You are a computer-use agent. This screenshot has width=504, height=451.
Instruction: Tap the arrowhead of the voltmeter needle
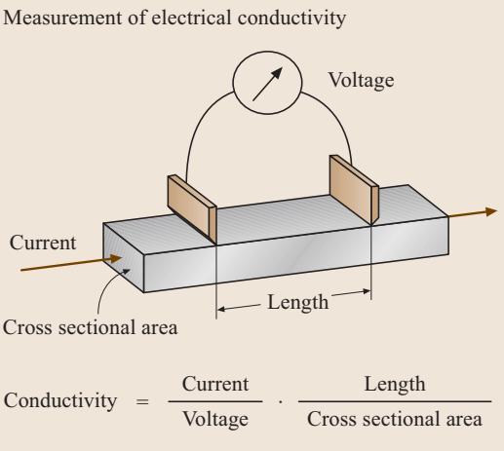pyautogui.click(x=277, y=73)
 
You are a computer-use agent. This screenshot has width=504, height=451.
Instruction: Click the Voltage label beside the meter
pyautogui.click(x=361, y=81)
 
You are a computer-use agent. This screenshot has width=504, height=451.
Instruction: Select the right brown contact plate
pyautogui.click(x=354, y=190)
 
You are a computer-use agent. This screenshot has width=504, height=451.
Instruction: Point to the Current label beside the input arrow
pyautogui.click(x=43, y=243)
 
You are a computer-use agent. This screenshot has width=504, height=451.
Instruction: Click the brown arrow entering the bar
pyautogui.click(x=71, y=263)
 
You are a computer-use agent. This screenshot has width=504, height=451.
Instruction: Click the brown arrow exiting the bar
pyautogui.click(x=473, y=213)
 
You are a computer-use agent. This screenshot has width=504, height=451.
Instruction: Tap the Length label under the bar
pyautogui.click(x=297, y=303)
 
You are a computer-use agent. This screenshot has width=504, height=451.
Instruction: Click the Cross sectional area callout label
pyautogui.click(x=90, y=327)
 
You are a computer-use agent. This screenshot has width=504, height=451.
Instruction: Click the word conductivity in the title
pyautogui.click(x=291, y=18)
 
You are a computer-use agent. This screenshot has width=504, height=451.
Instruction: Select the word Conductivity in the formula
pyautogui.click(x=60, y=400)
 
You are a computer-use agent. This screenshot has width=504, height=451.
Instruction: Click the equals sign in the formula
pyautogui.click(x=142, y=402)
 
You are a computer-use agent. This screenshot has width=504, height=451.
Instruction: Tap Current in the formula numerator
pyautogui.click(x=215, y=384)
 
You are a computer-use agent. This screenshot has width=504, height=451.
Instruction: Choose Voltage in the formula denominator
pyautogui.click(x=215, y=419)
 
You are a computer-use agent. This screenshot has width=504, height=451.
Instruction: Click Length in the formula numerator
pyautogui.click(x=395, y=385)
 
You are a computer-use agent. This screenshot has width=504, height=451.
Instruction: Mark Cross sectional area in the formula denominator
pyautogui.click(x=395, y=419)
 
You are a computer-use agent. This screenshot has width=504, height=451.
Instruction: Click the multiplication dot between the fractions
pyautogui.click(x=281, y=402)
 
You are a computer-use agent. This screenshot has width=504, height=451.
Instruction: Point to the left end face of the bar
pyautogui.click(x=123, y=257)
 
